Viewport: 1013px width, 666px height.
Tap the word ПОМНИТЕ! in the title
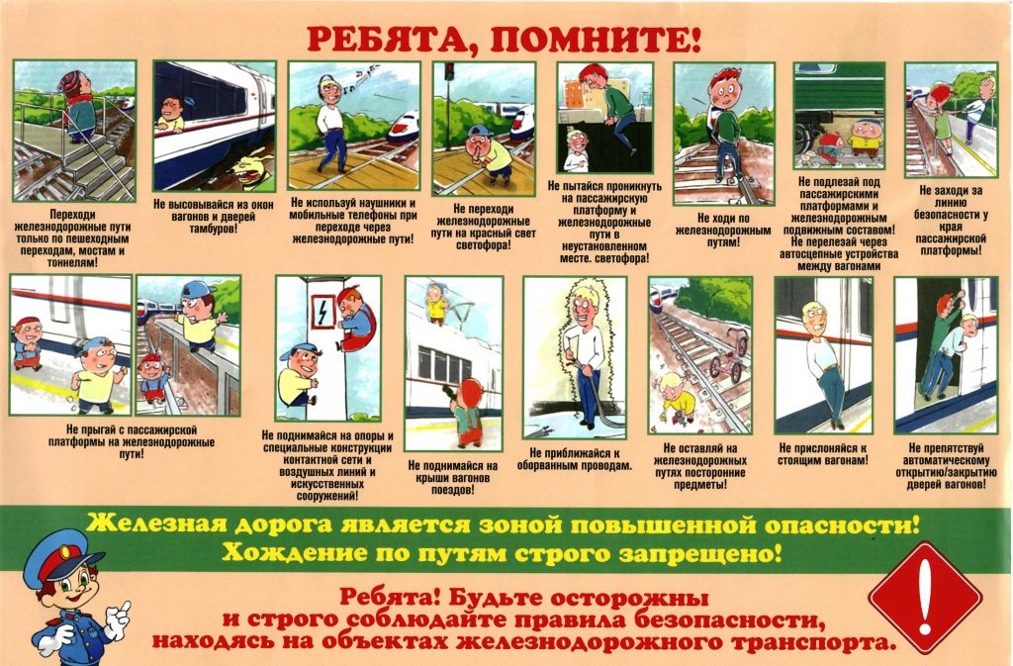pyautogui.click(x=595, y=40)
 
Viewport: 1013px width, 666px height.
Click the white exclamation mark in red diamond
pyautogui.click(x=925, y=597)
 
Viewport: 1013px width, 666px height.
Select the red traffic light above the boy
pyautogui.click(x=449, y=70)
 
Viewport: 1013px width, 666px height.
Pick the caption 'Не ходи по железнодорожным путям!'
pyautogui.click(x=723, y=230)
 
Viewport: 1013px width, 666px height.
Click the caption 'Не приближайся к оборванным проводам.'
pyautogui.click(x=574, y=458)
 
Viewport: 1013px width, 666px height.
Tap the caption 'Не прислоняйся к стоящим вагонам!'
pyautogui.click(x=823, y=453)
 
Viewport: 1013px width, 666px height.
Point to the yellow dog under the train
pyautogui.click(x=250, y=169)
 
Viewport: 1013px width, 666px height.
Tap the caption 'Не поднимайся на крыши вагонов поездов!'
pyautogui.click(x=453, y=477)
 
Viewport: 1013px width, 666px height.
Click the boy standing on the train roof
pyautogui.click(x=437, y=302)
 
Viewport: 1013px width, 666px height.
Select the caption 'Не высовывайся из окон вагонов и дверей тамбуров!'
pyautogui.click(x=214, y=217)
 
